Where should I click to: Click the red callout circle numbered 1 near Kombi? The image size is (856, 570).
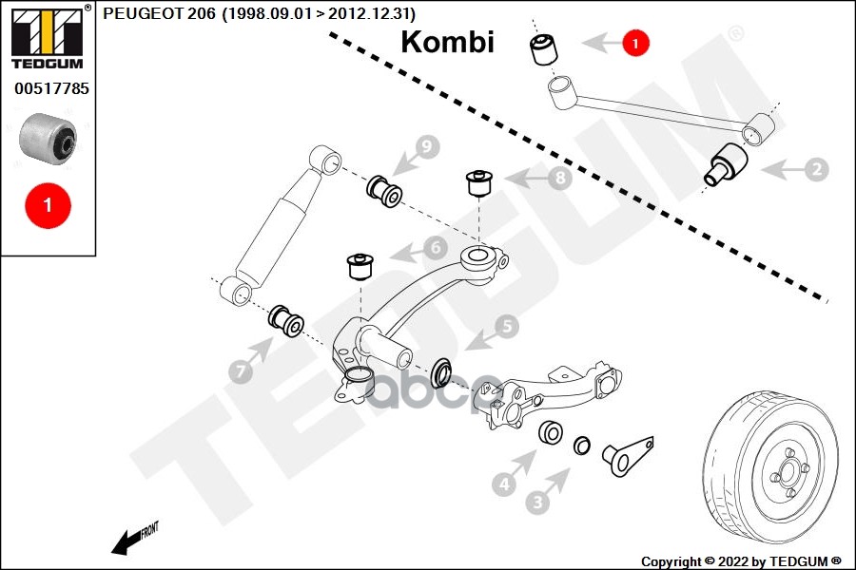coord(635,42)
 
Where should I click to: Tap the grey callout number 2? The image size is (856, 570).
coord(816,170)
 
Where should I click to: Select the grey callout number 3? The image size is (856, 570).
coord(538,501)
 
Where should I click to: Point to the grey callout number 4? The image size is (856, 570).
coord(504,484)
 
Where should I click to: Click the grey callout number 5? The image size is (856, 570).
coord(505,328)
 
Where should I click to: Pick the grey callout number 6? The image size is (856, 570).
coord(434,249)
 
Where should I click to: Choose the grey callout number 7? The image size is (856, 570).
coord(240,372)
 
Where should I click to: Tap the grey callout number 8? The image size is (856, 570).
coord(558,178)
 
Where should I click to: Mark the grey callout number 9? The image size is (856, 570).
coord(426,147)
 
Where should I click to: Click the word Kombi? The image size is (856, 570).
coord(447,43)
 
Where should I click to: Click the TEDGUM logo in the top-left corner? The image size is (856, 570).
coord(47,38)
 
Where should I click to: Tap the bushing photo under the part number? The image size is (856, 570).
coord(48,138)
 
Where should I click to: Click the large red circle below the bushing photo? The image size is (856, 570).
coord(47,204)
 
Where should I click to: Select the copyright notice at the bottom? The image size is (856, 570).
coord(742,560)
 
